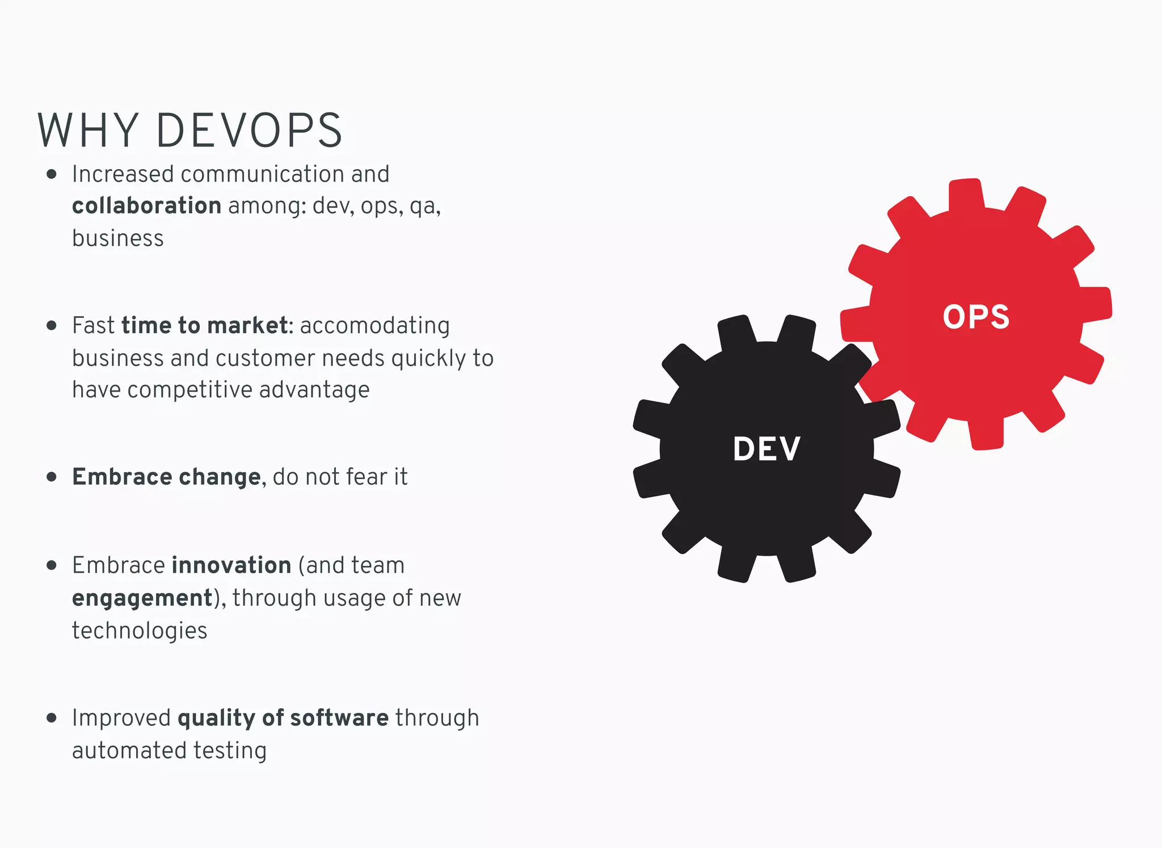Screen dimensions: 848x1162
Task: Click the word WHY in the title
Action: [88, 131]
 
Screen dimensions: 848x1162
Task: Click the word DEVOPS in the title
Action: [249, 131]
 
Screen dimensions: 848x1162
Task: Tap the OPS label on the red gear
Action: [976, 317]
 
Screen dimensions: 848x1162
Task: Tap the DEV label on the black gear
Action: [767, 449]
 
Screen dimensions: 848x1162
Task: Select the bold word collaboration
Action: [146, 205]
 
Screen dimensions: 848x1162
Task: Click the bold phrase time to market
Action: [204, 326]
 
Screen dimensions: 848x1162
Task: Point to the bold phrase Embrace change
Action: [166, 477]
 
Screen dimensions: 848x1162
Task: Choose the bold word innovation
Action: [231, 565]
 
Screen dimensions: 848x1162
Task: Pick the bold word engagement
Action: [142, 598]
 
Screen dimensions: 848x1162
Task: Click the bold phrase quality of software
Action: [283, 718]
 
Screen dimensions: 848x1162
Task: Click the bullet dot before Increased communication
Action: [52, 174]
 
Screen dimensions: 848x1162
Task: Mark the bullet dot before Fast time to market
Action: [52, 326]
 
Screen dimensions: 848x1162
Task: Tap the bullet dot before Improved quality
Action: [52, 718]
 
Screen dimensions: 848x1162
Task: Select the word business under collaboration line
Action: [118, 238]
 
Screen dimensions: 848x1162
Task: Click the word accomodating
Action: [374, 326]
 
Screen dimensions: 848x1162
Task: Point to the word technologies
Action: [140, 631]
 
